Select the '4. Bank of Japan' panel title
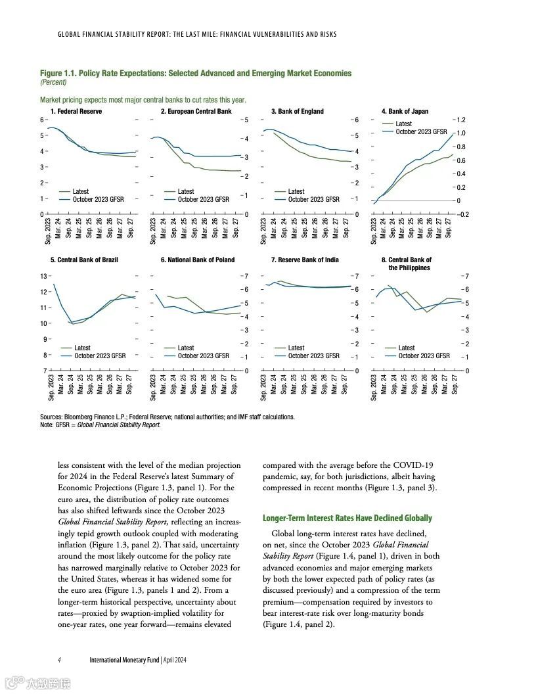405,112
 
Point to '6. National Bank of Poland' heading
198,260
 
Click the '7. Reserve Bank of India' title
305,260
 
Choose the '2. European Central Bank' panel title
196,112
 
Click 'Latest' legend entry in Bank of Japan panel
403,124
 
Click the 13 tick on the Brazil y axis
43,276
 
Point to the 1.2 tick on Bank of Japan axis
461,120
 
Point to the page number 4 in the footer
59,660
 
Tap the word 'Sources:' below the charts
51,417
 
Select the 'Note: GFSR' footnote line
100,425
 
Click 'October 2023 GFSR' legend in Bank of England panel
313,199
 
